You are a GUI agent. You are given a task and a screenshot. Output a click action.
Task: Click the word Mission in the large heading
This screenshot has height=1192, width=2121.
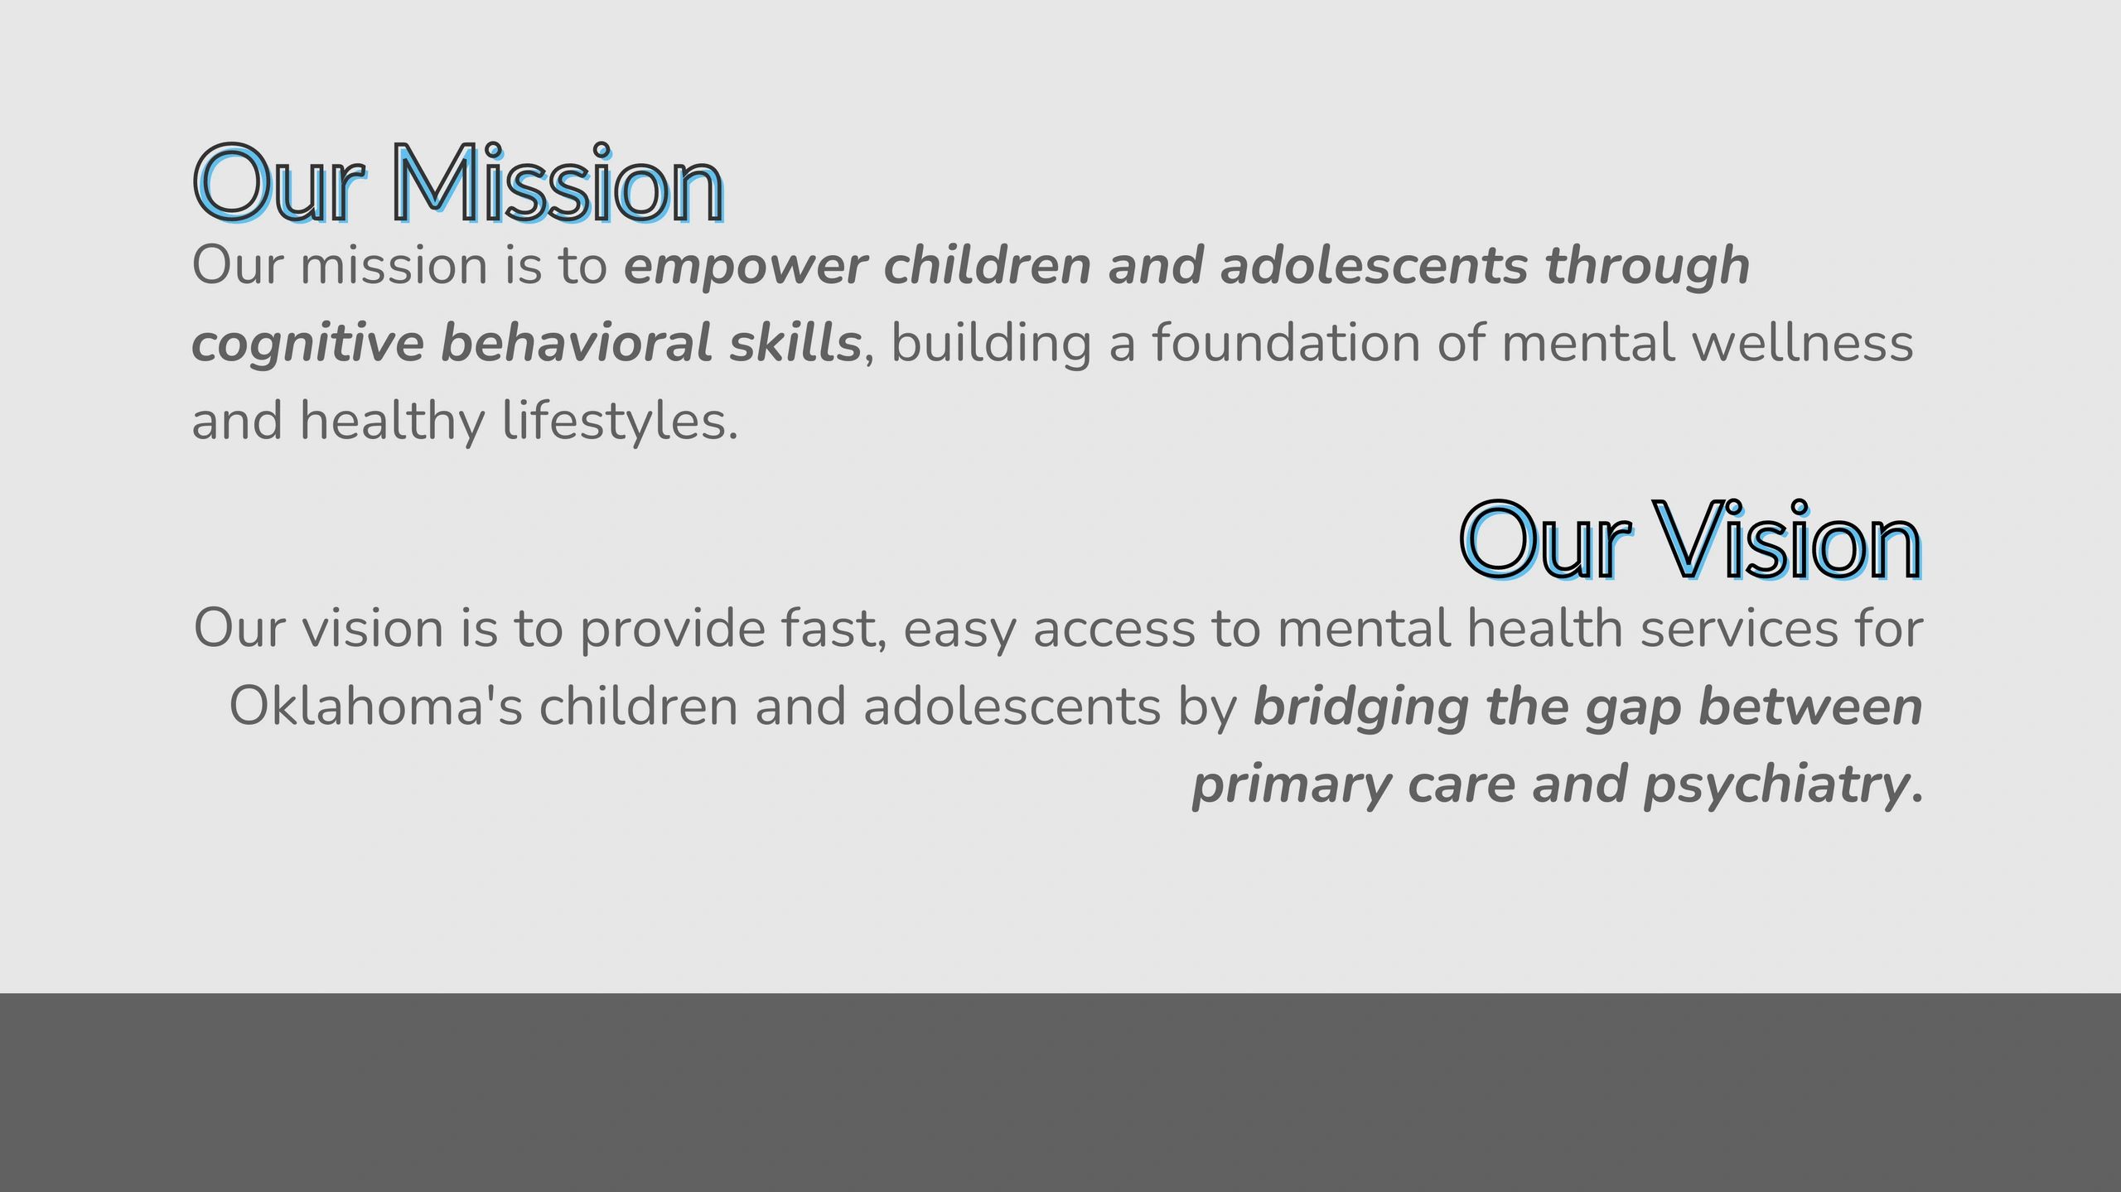click(x=558, y=184)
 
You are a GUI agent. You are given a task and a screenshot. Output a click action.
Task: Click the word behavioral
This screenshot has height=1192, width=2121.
click(x=576, y=342)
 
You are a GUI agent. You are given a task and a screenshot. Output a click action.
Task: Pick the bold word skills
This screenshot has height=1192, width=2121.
click(x=795, y=342)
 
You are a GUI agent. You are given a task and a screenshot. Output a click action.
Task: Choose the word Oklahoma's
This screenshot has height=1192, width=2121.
click(x=375, y=707)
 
